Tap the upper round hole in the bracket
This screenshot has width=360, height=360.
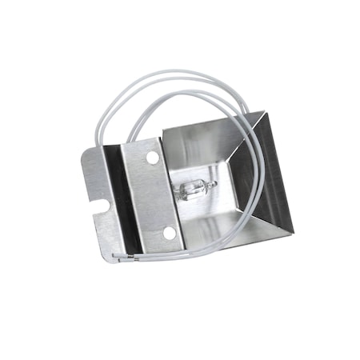[x=152, y=158]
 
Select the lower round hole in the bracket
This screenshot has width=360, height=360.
[x=169, y=232]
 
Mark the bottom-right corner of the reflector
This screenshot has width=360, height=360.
[x=292, y=234]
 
